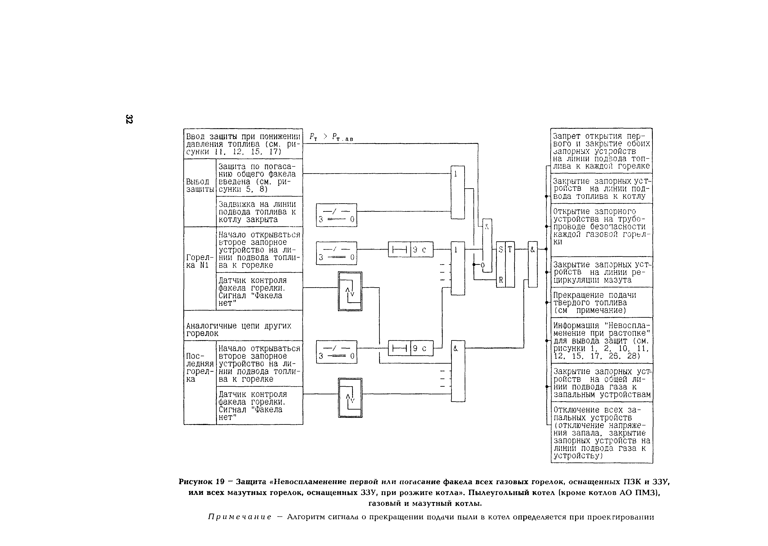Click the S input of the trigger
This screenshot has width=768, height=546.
[501, 249]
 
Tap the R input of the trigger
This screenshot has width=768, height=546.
[501, 280]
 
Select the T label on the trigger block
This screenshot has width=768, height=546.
[510, 249]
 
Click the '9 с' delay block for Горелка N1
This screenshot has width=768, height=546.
[411, 249]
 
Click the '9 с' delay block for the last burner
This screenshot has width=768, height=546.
[411, 348]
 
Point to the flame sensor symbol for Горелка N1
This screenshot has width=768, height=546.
[350, 291]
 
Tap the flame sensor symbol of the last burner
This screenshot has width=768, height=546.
[350, 398]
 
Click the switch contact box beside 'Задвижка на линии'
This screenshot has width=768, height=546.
[336, 215]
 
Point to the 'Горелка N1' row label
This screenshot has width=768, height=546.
[200, 261]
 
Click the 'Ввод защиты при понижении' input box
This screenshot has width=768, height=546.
[243, 144]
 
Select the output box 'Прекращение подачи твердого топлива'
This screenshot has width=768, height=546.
[601, 302]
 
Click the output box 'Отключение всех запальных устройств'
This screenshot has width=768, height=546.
[601, 432]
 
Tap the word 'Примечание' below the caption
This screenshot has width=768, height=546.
[240, 517]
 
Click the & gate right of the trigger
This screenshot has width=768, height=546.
[533, 264]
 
